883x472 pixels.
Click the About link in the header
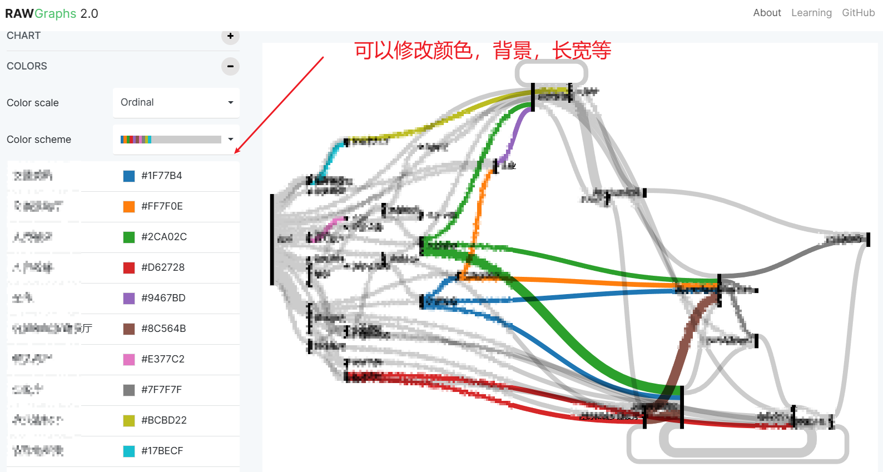pos(767,13)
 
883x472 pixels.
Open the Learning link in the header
pos(811,13)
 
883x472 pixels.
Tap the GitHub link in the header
pos(858,13)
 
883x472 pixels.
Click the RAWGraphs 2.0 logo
pos(51,13)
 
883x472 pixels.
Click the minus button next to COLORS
pos(230,66)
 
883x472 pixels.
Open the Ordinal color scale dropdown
pos(176,103)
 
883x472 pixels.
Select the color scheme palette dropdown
pos(176,140)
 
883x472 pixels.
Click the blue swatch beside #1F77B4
pos(129,176)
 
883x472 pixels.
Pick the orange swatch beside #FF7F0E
pos(129,207)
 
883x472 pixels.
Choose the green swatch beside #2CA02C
pos(129,237)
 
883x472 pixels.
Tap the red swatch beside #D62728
pos(129,268)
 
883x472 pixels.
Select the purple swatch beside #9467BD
pos(129,299)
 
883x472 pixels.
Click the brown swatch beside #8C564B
pos(129,329)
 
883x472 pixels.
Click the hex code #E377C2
pos(163,359)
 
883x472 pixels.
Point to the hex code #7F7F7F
pos(161,390)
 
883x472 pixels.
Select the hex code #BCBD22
pos(164,420)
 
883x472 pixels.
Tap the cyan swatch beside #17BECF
pos(129,451)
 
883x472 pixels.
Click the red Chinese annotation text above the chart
pos(483,51)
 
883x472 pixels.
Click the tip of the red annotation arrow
pos(236,152)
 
